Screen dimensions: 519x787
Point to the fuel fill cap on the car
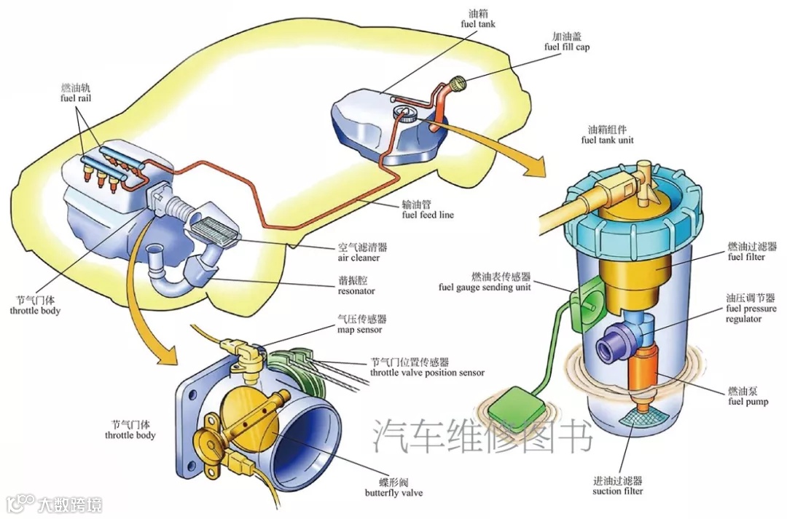pos(458,86)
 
